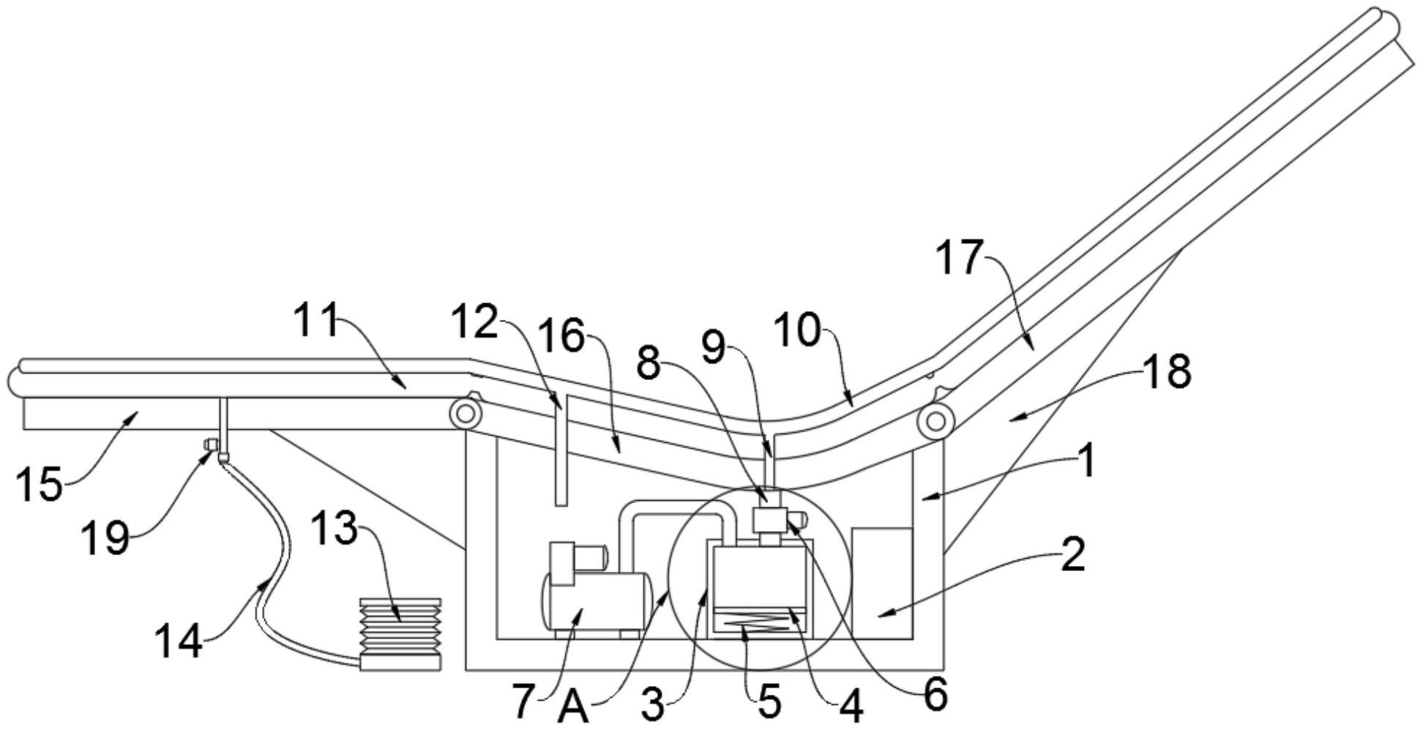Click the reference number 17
(x=960, y=258)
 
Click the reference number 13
(x=334, y=528)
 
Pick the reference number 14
(x=178, y=642)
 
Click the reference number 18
(x=1168, y=371)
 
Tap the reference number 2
(x=1072, y=555)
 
